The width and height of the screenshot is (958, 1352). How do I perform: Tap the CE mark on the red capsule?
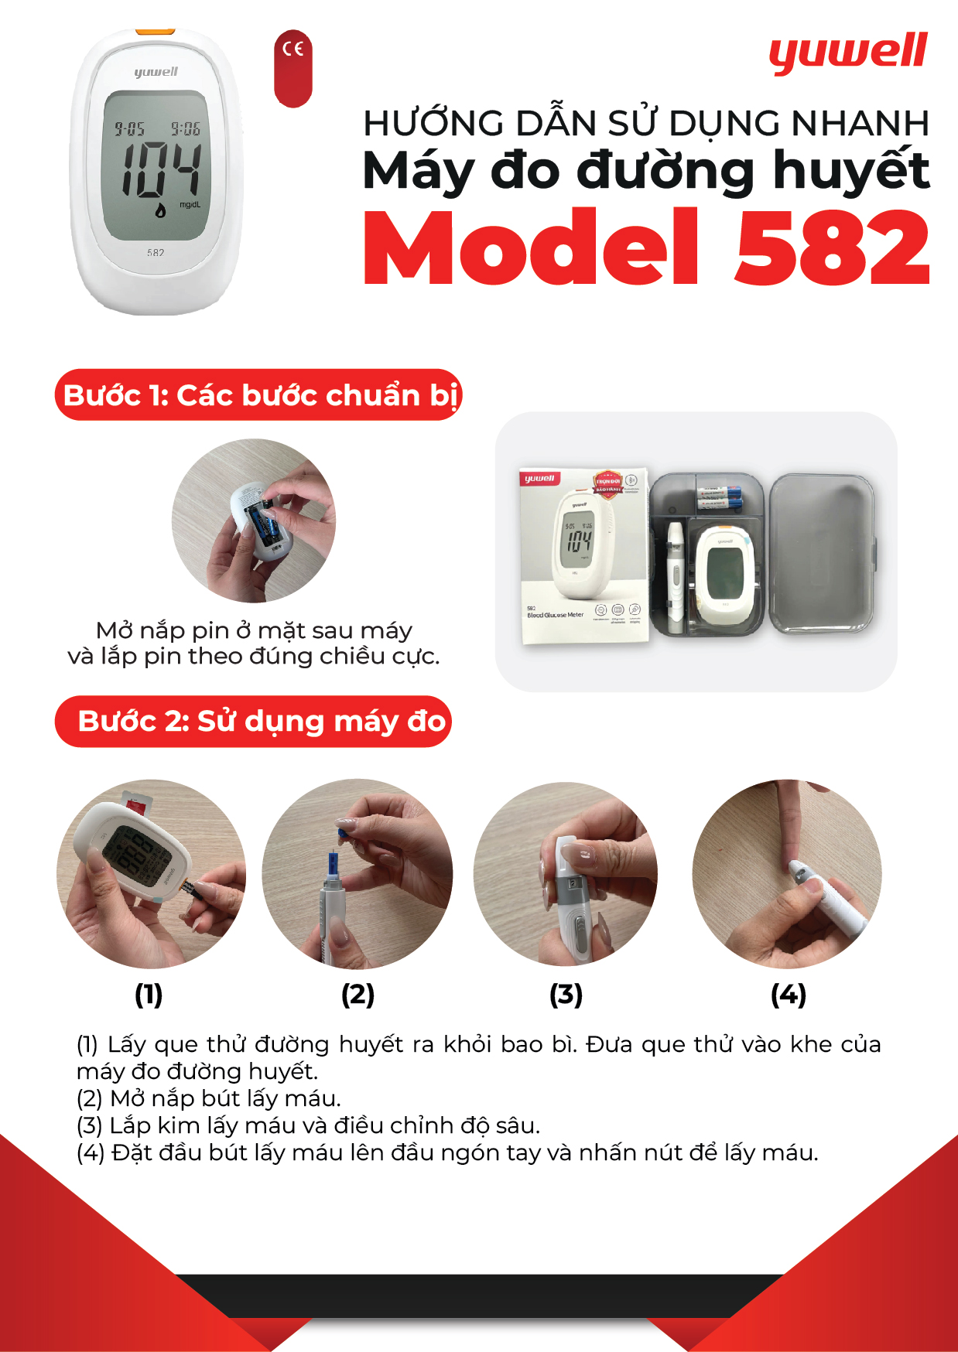[x=293, y=50]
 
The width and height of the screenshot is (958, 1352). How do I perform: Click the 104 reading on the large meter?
[x=161, y=169]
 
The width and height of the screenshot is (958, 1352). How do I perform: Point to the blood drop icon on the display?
[x=160, y=210]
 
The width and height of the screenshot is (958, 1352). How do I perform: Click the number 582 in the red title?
[x=832, y=248]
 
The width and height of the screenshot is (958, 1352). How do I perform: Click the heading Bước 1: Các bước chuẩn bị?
[x=259, y=395]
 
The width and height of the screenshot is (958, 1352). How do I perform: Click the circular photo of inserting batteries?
[x=254, y=521]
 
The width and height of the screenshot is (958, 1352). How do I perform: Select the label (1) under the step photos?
[x=149, y=995]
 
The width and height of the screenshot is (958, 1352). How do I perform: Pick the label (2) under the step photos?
[x=358, y=995]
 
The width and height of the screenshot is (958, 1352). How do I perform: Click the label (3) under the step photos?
[x=566, y=995]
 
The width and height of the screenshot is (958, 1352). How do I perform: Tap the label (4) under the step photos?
[x=789, y=995]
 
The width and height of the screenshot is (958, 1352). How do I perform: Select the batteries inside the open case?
[x=720, y=498]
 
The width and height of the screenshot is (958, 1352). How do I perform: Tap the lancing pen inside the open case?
[x=675, y=576]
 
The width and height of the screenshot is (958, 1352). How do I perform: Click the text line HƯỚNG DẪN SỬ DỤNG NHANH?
[x=646, y=124]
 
